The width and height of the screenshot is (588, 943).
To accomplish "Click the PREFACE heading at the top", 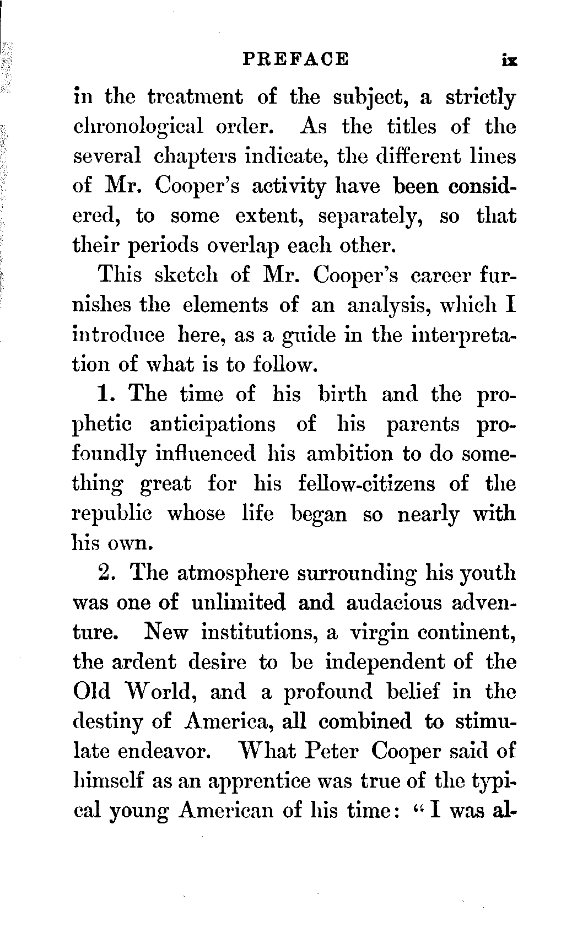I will click(296, 59).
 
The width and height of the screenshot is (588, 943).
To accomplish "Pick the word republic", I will click(112, 514).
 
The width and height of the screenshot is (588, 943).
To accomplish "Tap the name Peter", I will click(332, 751).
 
